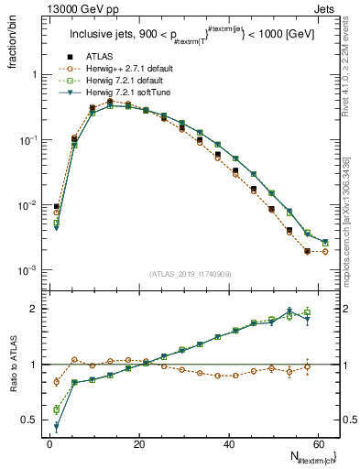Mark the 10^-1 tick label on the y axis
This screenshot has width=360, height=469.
28,140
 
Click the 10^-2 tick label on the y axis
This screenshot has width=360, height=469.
28,205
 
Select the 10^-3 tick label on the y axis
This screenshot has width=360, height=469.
28,271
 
